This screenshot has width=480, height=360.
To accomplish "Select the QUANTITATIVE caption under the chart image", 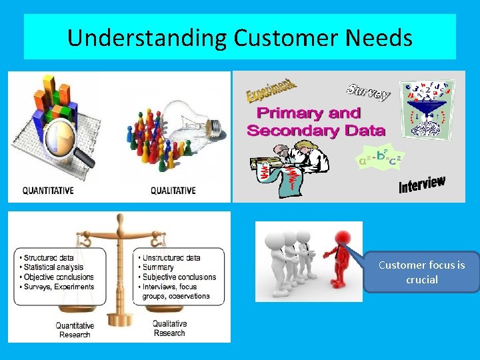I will tap(48, 191).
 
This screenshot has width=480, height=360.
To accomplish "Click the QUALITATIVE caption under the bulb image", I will tap(173, 191).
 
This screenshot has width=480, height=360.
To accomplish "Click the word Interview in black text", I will tap(421, 184).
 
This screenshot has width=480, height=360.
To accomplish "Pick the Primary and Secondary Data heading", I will tap(315, 121).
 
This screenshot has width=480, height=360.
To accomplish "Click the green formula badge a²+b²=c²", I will tap(379, 158).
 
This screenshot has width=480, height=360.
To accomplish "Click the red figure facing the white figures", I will tap(340, 260).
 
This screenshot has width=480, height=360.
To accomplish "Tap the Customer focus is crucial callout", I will tap(421, 272).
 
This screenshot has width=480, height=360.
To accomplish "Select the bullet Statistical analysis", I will tap(57, 267).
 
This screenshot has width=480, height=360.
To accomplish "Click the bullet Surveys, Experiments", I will tap(57, 287).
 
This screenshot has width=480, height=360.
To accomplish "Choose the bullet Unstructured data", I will tap(170, 258).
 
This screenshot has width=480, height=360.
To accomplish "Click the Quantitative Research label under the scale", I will tap(75, 329).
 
